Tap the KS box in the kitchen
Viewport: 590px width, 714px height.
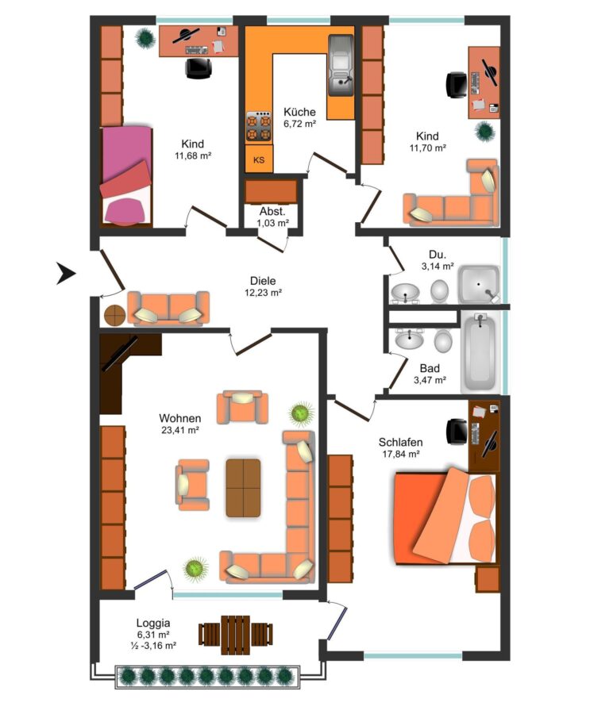tap(259, 159)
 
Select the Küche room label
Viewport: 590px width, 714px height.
tap(299, 112)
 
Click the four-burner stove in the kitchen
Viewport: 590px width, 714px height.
tap(259, 126)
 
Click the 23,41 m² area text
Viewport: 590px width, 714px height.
tap(180, 429)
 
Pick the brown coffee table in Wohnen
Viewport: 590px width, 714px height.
tap(244, 488)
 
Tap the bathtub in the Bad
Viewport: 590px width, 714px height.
tap(480, 352)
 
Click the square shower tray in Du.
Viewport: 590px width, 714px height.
tap(479, 285)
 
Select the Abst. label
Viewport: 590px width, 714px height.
tap(272, 211)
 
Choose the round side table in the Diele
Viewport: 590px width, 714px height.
tap(115, 315)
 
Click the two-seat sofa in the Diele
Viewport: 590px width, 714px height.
tap(168, 309)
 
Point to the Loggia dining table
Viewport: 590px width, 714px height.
tap(236, 635)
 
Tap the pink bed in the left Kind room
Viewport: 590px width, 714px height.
tap(125, 175)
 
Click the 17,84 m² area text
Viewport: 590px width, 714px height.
tap(401, 454)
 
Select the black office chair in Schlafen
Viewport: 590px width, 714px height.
tap(457, 432)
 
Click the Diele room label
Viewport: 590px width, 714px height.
tap(263, 281)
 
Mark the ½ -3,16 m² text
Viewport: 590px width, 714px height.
tap(152, 645)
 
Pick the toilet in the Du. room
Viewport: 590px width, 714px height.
tap(440, 291)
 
